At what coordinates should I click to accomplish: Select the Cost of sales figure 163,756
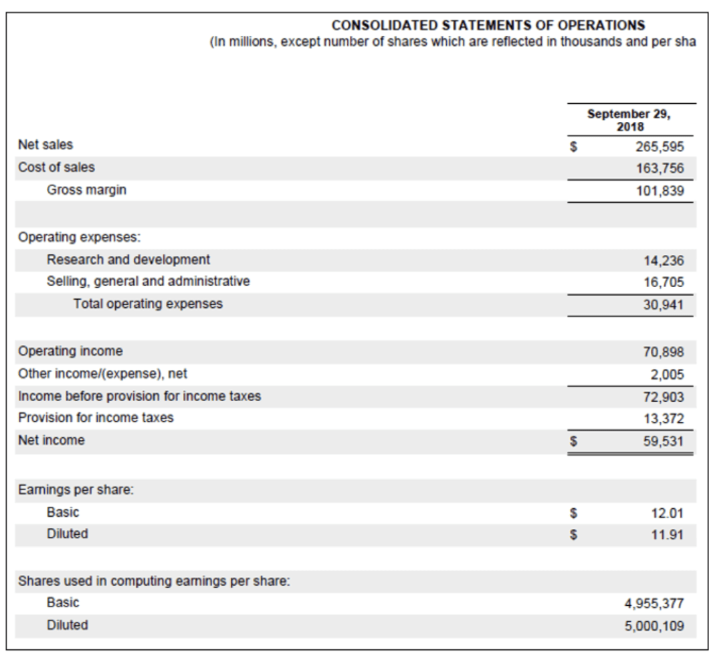click(x=659, y=167)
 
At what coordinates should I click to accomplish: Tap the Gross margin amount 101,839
click(x=659, y=190)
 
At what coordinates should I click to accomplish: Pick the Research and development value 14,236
click(x=662, y=259)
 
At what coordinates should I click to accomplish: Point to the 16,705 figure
click(x=662, y=282)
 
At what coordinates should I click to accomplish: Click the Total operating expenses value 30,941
click(x=662, y=305)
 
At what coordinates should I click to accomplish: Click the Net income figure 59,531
click(x=662, y=441)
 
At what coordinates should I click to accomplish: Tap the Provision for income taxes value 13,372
click(x=662, y=418)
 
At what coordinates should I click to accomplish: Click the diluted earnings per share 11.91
click(x=668, y=535)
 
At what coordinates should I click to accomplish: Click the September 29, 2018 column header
click(x=629, y=120)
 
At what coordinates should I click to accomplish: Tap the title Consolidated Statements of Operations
click(x=488, y=25)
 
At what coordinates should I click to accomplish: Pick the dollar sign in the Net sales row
click(x=573, y=145)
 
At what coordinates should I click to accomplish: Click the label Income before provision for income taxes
click(x=139, y=396)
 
